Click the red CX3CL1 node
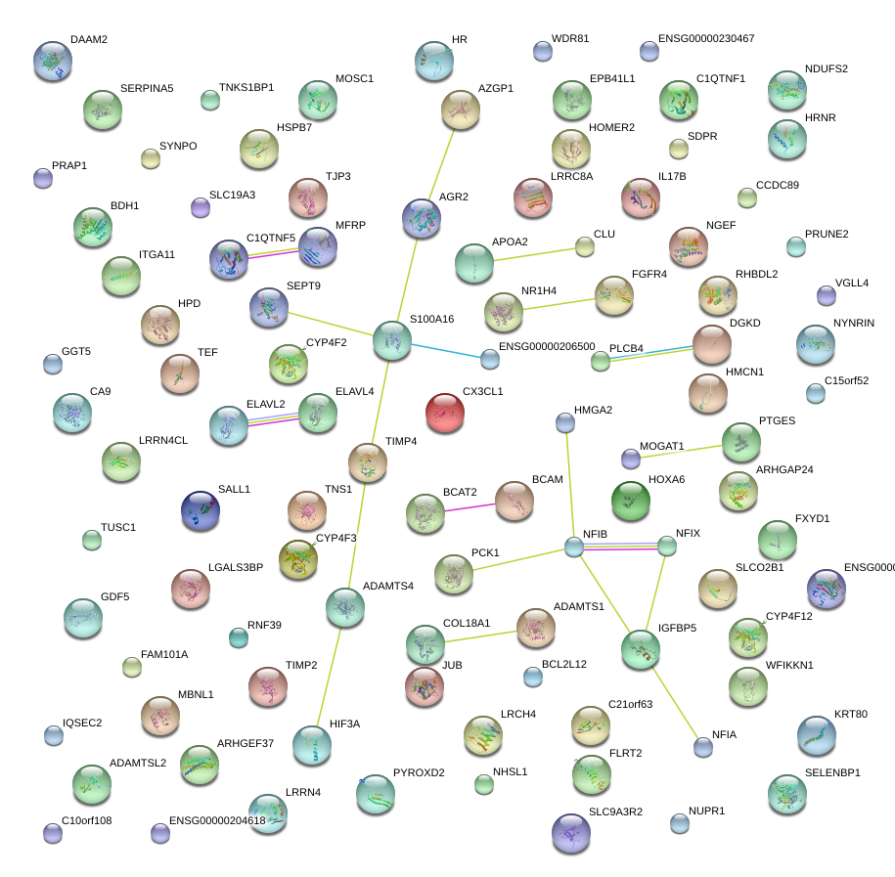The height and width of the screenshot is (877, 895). click(x=445, y=412)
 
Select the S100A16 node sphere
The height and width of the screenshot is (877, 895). click(x=391, y=339)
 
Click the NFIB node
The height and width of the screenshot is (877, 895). click(x=574, y=547)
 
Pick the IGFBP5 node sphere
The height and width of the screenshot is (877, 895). click(x=641, y=649)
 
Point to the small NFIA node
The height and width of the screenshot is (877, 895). click(x=702, y=748)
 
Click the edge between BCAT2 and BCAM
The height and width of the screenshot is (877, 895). click(x=470, y=506)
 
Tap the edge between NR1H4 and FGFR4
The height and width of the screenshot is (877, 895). click(x=558, y=303)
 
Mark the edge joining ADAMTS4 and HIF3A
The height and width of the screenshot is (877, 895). click(x=330, y=675)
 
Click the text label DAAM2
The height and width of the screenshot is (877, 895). click(x=89, y=40)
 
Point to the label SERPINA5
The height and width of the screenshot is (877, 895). click(x=147, y=89)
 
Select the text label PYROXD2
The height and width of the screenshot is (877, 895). click(x=419, y=773)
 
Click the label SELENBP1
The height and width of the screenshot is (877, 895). click(x=832, y=773)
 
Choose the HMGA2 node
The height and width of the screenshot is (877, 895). click(x=564, y=422)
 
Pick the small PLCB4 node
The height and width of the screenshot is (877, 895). click(x=600, y=362)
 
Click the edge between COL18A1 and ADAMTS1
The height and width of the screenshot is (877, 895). click(x=479, y=637)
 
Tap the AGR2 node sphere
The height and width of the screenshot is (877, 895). click(x=422, y=218)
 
